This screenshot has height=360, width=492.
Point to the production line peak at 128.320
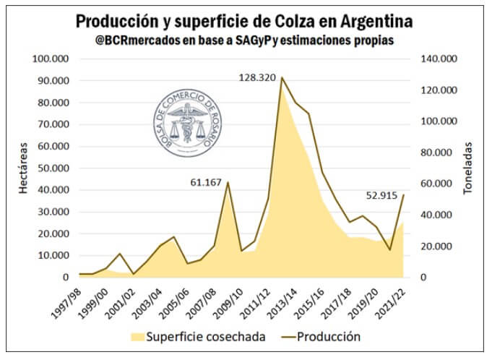click(x=281, y=77)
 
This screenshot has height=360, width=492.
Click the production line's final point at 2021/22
click(x=403, y=195)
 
